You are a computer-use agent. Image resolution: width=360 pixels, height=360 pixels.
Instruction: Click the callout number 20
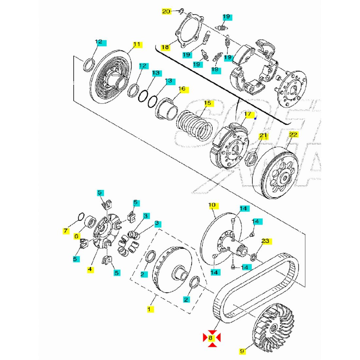[166, 11]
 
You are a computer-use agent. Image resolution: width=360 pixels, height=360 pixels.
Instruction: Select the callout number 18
[165, 47]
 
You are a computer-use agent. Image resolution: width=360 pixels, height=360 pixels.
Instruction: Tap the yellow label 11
[136, 44]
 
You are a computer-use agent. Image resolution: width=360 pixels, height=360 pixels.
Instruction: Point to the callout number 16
[182, 89]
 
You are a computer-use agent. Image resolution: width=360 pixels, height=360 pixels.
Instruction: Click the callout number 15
[207, 103]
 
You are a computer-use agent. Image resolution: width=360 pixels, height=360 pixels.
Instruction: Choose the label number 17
[248, 114]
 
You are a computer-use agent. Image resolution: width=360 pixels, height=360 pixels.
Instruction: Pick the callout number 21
[263, 135]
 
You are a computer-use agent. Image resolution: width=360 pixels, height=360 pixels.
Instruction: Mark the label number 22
[294, 135]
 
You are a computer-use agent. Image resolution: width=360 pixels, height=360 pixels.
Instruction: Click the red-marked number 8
[211, 337]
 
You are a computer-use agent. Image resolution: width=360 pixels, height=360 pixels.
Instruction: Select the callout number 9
[242, 351]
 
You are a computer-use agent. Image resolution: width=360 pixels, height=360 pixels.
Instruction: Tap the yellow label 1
[150, 309]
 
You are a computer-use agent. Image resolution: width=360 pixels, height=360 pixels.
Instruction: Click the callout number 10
[212, 205]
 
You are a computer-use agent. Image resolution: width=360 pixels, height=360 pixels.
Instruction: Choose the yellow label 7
[66, 231]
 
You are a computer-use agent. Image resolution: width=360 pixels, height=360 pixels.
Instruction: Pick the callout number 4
[90, 269]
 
